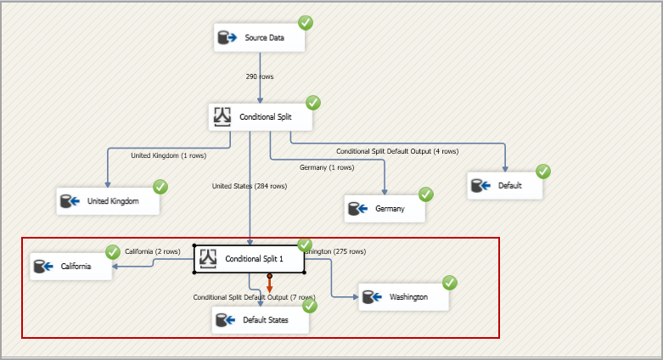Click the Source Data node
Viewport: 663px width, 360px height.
coord(259,38)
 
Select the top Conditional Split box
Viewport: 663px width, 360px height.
coord(260,117)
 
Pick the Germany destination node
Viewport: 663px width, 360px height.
coord(385,208)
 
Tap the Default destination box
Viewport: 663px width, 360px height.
coord(504,185)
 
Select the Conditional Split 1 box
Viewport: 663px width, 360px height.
coord(249,259)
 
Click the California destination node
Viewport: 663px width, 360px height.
coord(71,267)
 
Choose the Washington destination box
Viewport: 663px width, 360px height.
coord(402,297)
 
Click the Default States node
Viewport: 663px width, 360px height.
coord(260,320)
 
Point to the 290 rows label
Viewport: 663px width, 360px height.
coord(260,76)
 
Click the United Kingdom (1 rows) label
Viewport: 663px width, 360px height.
coord(168,155)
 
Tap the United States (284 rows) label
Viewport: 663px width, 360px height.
coord(250,186)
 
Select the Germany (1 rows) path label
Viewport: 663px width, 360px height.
coord(327,167)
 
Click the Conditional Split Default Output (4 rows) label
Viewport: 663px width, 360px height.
coord(396,151)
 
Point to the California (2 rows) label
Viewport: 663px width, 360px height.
coord(153,251)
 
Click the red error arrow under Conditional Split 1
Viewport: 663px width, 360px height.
coord(269,289)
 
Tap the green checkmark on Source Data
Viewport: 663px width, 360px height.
coord(305,23)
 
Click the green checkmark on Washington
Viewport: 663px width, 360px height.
coord(450,283)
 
